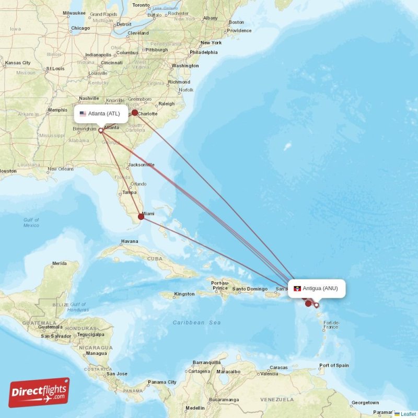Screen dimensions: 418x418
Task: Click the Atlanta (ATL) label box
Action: click(x=101, y=113)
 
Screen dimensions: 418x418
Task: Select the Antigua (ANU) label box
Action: click(x=317, y=288)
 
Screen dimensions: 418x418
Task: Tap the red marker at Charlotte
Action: click(x=134, y=112)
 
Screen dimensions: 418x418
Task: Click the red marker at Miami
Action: click(x=141, y=216)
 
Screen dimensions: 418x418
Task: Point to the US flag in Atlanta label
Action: click(x=83, y=113)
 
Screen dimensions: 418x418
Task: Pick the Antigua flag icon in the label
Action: click(x=297, y=288)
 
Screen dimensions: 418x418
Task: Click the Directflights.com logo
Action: click(x=39, y=392)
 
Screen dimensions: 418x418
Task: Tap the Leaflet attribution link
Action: click(x=408, y=414)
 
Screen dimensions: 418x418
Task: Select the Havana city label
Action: click(x=130, y=241)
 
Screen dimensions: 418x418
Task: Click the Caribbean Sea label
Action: click(x=196, y=323)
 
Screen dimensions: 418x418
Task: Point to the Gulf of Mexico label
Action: click(x=31, y=223)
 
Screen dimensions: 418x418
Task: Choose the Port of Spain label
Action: click(x=334, y=365)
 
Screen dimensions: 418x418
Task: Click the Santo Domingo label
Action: click(x=250, y=289)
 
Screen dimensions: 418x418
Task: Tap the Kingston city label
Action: click(x=184, y=294)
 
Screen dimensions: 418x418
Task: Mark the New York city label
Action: click(x=211, y=43)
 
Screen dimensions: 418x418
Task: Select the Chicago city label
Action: click(x=80, y=28)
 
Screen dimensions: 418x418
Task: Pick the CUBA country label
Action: click(x=155, y=259)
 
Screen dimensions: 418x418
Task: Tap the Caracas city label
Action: click(x=278, y=367)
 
